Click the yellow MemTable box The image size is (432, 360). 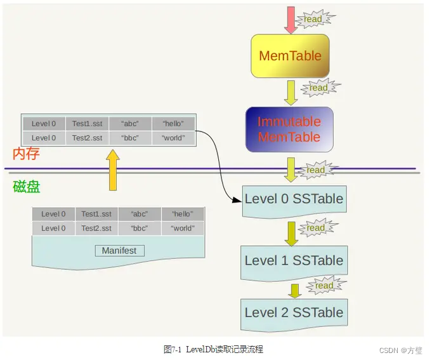coord(291,56)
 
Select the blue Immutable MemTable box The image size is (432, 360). coord(289,130)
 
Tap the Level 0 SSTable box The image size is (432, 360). coord(294,199)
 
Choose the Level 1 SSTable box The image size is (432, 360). coord(294,261)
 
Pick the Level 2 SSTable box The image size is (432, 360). coord(294,312)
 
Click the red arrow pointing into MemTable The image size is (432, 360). coord(291,20)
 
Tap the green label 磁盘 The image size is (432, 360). coord(26,187)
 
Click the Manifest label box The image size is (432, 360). coord(119,251)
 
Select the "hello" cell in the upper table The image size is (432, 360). coord(173,124)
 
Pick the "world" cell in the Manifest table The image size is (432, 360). coord(183,228)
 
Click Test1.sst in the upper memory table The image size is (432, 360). coord(87,124)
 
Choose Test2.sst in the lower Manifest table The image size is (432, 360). coord(96,228)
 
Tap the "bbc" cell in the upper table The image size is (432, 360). coord(129,138)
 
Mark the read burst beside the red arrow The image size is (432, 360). coord(313,19)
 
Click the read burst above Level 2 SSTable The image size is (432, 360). coord(324,286)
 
